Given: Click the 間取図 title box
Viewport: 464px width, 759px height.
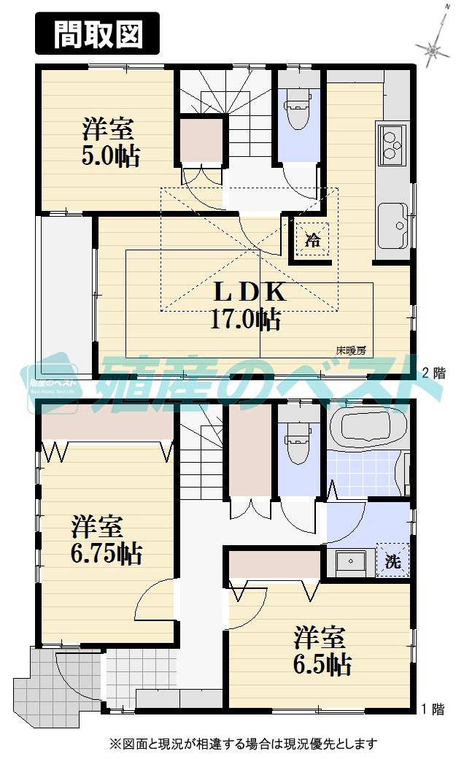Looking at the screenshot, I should (x=97, y=34).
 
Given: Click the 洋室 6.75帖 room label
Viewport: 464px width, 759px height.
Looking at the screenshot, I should (x=106, y=539).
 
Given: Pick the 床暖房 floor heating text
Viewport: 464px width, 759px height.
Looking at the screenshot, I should (x=350, y=350).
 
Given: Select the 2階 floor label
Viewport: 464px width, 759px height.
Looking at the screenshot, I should (x=434, y=372).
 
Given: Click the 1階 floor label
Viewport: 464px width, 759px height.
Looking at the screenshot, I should (x=434, y=707).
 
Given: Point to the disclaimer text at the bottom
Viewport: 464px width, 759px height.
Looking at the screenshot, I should (x=243, y=744).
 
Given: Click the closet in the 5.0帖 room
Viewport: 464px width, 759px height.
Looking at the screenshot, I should (x=201, y=139).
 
